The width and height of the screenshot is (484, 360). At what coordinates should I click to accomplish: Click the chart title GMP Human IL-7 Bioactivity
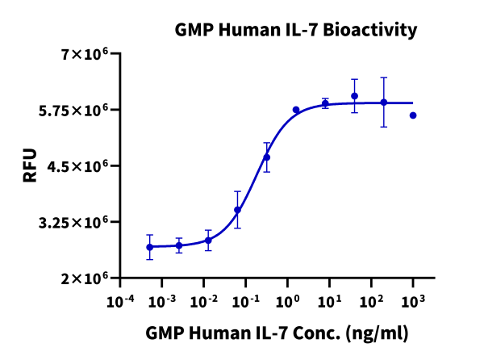296,31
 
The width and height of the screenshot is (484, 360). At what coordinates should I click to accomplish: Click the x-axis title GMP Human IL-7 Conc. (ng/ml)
277,333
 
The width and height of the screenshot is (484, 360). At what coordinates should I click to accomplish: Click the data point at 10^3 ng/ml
413,115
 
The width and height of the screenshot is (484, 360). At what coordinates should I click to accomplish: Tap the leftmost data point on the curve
149,247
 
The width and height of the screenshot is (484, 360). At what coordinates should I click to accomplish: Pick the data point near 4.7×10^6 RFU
267,157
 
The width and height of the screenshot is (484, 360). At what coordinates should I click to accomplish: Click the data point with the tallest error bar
384,103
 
